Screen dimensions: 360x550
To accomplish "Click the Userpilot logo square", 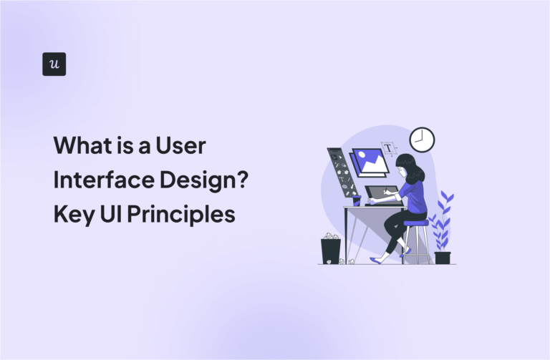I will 54,64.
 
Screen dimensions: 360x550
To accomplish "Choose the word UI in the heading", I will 110,213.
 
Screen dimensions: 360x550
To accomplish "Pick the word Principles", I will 182,213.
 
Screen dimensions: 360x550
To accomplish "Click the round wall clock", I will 422,140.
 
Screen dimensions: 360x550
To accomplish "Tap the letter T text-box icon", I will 389,149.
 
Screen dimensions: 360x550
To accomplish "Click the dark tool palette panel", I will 339,172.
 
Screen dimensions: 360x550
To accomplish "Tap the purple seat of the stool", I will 416,223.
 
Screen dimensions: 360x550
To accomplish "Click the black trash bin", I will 331,251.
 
